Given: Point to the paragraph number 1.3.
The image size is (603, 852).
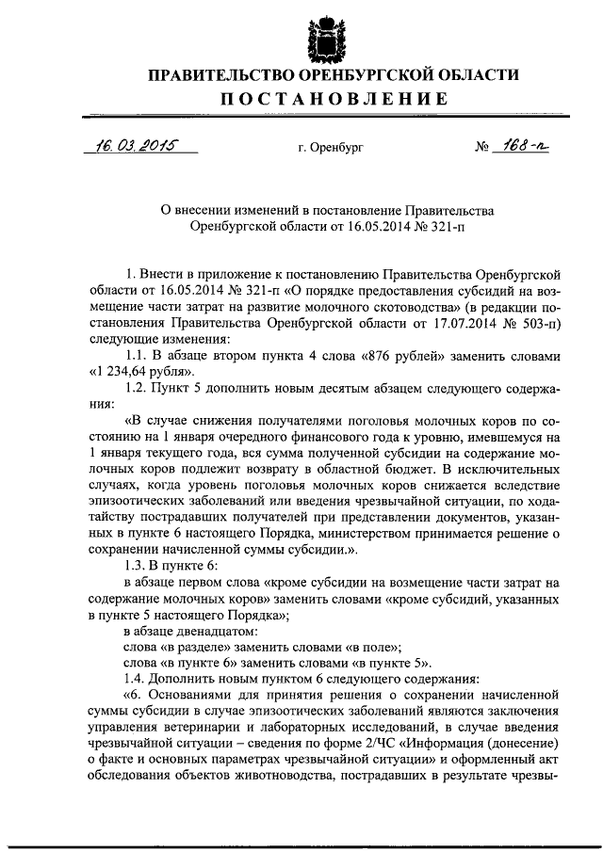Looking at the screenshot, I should click(137, 565).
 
